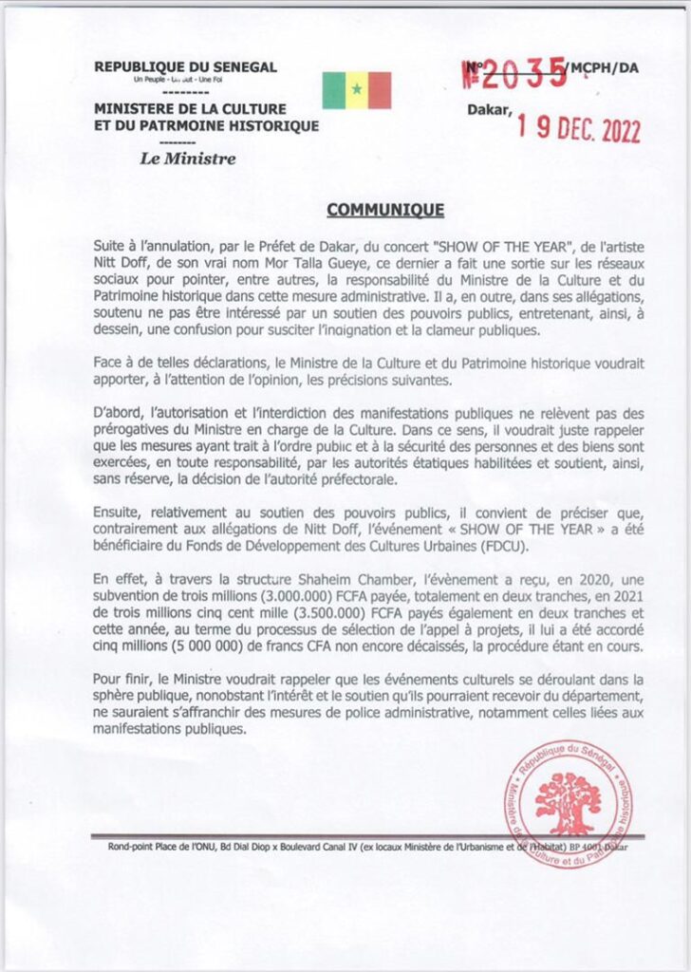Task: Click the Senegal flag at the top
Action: tap(357, 90)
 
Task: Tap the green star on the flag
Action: tap(357, 90)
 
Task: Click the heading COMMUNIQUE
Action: tap(385, 210)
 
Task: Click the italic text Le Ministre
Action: tap(187, 159)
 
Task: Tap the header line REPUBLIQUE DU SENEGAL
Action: tap(186, 67)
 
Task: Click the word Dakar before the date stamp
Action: tap(490, 111)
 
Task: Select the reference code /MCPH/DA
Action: tap(602, 68)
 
